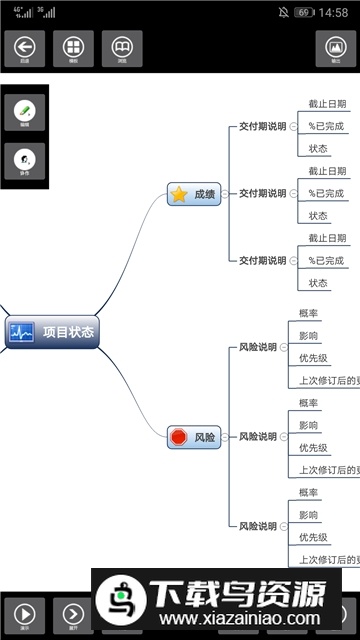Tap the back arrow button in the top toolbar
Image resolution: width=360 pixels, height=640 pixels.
[x=24, y=47]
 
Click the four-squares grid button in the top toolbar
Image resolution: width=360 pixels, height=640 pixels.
[x=73, y=47]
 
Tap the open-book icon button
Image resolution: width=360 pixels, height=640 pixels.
[x=122, y=47]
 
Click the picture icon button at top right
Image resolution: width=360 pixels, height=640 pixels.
[x=336, y=47]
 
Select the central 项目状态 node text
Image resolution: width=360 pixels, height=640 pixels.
[x=69, y=332]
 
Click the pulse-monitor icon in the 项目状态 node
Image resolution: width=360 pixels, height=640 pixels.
[x=21, y=332]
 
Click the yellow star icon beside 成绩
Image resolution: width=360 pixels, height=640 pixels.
[x=179, y=195]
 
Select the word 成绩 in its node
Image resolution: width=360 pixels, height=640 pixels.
[x=205, y=195]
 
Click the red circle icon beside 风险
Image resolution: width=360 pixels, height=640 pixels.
[x=179, y=437]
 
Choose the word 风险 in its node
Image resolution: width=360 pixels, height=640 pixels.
[x=205, y=437]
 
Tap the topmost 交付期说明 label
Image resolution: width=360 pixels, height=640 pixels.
[x=262, y=127]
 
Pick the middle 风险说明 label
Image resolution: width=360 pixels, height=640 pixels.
[x=258, y=437]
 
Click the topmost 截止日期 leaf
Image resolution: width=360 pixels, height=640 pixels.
[x=327, y=105]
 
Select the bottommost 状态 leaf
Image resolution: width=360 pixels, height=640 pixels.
[x=318, y=283]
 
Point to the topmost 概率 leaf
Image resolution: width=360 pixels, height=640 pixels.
[x=309, y=314]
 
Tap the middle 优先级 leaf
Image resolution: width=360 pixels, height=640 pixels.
[x=313, y=448]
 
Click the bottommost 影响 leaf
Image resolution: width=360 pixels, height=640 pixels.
[x=309, y=515]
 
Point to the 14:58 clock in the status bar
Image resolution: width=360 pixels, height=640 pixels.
[x=335, y=13]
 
